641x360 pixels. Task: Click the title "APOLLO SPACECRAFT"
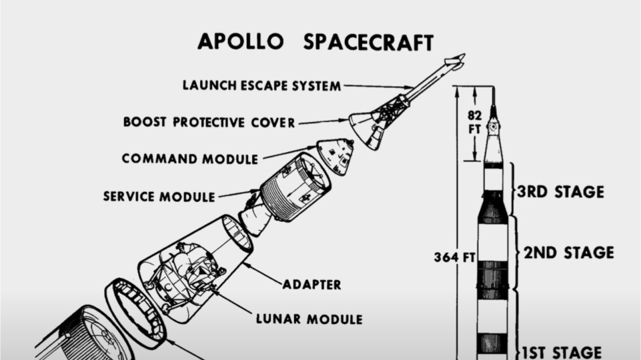[x=315, y=41]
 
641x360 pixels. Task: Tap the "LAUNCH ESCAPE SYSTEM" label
[x=262, y=86]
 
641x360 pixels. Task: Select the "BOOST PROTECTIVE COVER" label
[x=209, y=122]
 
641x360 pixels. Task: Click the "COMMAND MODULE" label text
[x=189, y=159]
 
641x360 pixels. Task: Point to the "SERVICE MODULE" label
[x=159, y=197]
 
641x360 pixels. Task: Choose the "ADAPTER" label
[x=311, y=285]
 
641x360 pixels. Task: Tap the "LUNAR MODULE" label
[x=309, y=319]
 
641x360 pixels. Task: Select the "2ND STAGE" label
[x=568, y=253]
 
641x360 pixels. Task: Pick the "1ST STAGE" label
[x=564, y=352]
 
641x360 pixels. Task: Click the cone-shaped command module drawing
[x=336, y=155]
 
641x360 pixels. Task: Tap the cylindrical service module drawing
[x=295, y=187]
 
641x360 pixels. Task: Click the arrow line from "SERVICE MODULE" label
[x=237, y=194]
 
